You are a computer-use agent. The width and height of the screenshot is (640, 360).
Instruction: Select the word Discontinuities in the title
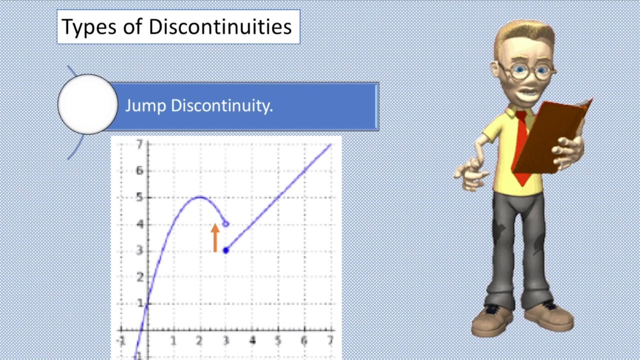tap(220, 26)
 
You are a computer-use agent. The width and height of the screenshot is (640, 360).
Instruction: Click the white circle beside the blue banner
tap(88, 104)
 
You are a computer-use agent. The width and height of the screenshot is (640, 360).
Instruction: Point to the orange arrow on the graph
tap(215, 237)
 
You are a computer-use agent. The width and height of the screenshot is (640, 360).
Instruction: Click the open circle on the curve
tap(226, 224)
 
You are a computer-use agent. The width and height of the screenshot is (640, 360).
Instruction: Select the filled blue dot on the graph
tap(226, 250)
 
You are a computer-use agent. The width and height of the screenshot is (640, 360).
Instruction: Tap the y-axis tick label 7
tap(139, 145)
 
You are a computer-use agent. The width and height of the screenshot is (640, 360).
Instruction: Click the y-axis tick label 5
tap(139, 197)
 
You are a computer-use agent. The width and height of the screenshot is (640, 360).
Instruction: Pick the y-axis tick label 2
tap(139, 277)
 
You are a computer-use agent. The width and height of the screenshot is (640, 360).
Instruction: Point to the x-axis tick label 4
tap(252, 341)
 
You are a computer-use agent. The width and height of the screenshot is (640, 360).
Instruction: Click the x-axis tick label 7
tap(330, 341)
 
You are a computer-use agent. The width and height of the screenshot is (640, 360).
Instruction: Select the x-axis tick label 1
tap(173, 341)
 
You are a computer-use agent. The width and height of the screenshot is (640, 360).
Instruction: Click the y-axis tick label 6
tap(139, 171)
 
